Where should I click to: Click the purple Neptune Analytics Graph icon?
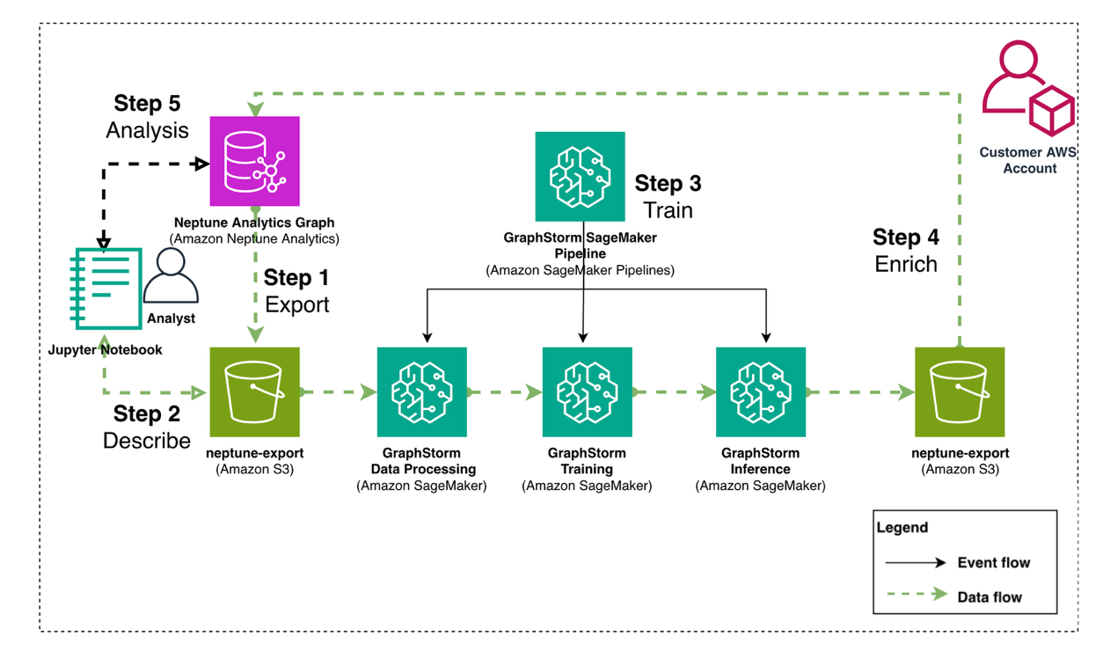point(254,161)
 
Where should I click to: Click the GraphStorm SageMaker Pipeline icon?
point(580,177)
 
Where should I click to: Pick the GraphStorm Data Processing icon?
point(421,391)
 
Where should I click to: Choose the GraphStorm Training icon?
point(587,391)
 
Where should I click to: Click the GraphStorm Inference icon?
point(760,391)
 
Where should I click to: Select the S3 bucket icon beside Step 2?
point(254,391)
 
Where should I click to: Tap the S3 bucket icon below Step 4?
point(960,391)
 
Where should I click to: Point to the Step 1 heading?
point(296,278)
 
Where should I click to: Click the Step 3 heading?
point(668,184)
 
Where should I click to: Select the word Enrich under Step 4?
point(906,264)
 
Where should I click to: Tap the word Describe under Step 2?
point(147,440)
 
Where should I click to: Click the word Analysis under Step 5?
point(147,130)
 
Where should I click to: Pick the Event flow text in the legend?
point(993,562)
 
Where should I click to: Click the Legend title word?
point(902,528)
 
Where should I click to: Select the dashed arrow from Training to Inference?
point(674,392)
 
